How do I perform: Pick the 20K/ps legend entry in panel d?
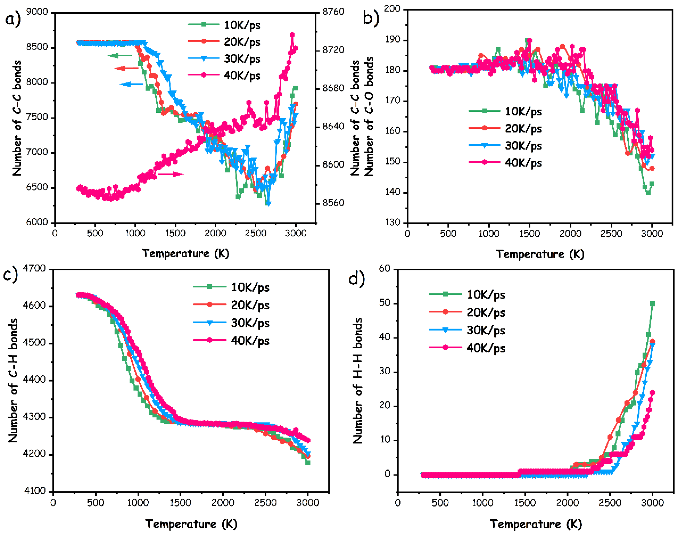tap(467, 312)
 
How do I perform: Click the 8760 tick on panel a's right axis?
tap(333, 12)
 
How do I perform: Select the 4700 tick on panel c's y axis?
tap(34, 268)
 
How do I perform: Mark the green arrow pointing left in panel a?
tap(120, 56)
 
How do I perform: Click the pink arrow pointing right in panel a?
tap(171, 174)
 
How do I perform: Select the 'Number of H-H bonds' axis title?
tap(358, 381)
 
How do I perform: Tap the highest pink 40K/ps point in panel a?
tap(292, 35)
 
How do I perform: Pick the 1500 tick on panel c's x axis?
tap(180, 503)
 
